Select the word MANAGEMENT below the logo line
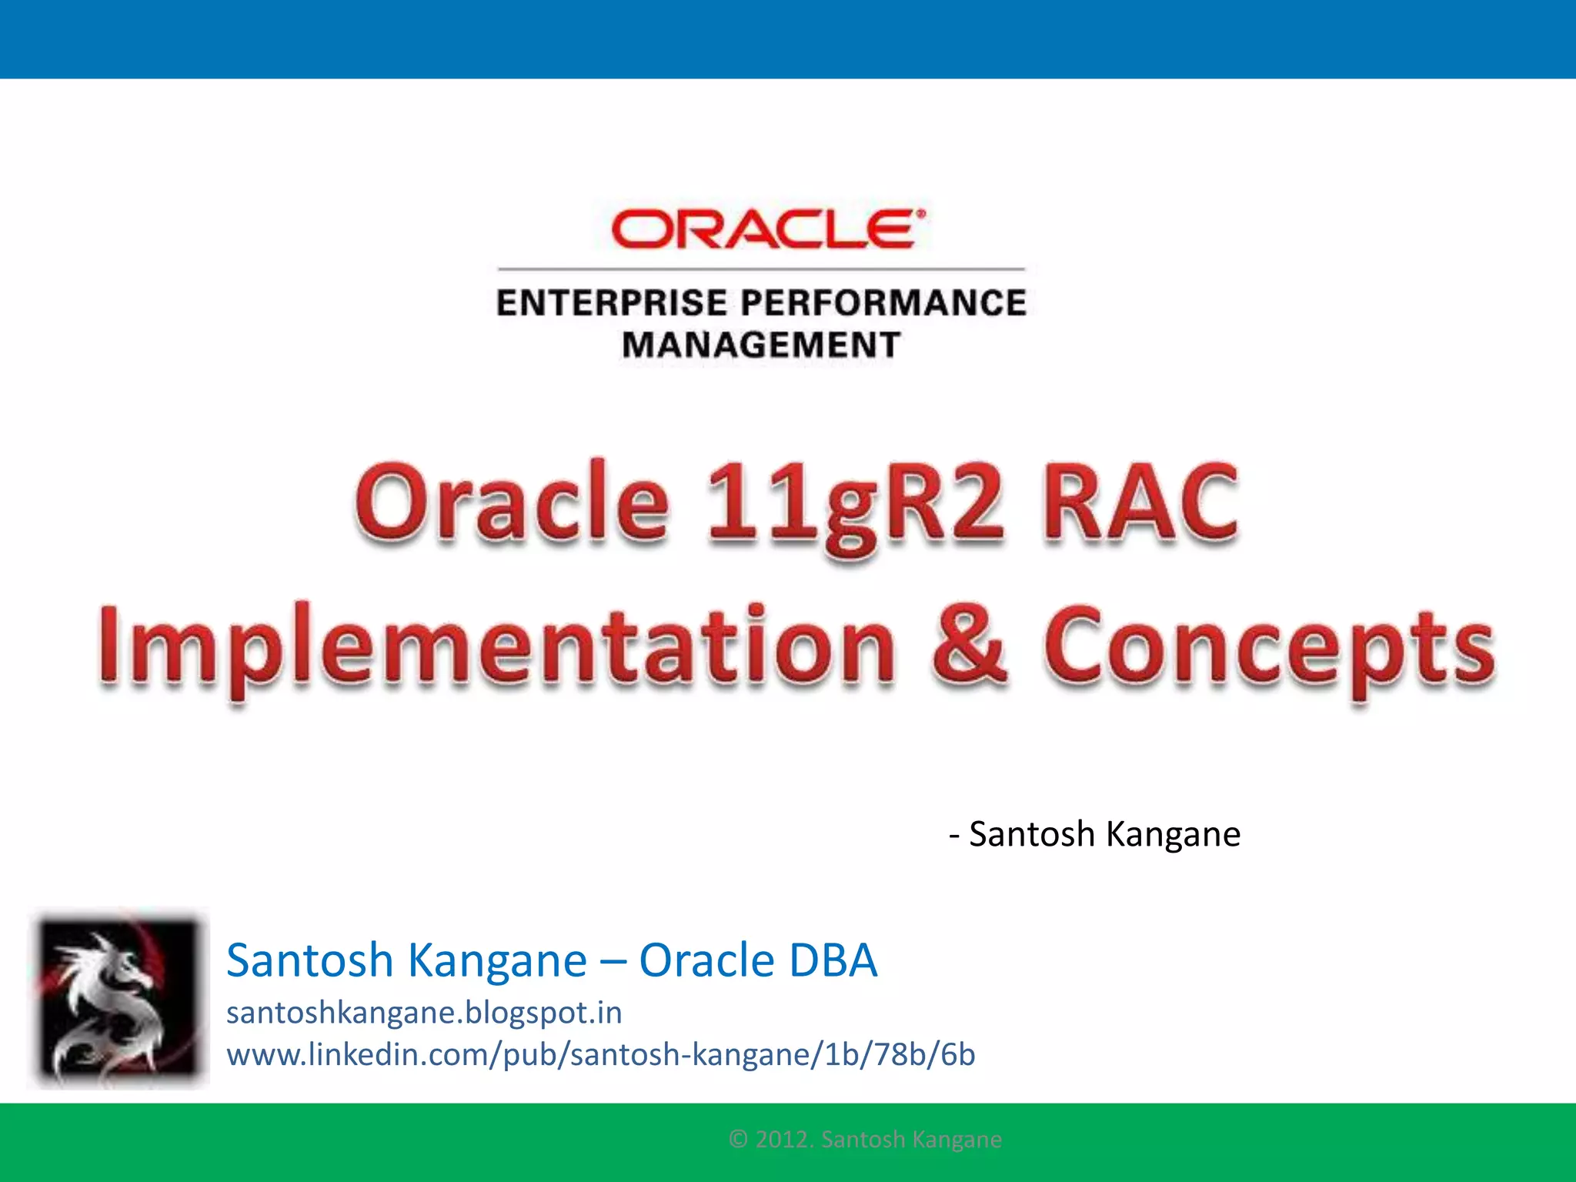tap(760, 344)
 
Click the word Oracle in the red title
tap(511, 504)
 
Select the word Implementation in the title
tap(496, 646)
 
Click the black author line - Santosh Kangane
tap(1094, 834)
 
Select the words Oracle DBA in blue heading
tap(757, 960)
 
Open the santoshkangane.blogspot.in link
tap(423, 1013)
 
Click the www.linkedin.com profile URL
tap(600, 1054)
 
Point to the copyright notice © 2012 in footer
tap(864, 1139)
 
